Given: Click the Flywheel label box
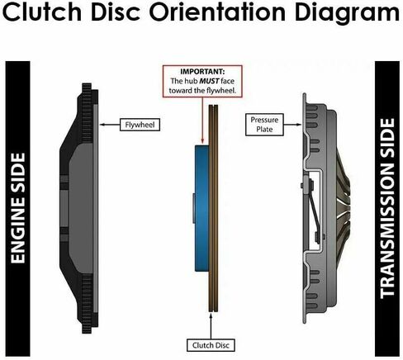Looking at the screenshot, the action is point(140,125).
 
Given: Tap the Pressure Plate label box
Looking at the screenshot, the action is point(264,125).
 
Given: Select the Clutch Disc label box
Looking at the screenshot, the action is point(211,345).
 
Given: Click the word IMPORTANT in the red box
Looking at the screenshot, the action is point(202,72).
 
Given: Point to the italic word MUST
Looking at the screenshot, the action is point(209,81).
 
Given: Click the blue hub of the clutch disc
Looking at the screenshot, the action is point(201,208).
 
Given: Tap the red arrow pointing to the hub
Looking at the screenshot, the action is point(202,121).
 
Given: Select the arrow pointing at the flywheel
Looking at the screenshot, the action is point(110,125).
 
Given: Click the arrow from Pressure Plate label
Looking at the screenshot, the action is point(292,125).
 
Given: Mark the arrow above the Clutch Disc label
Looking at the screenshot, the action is point(211,326).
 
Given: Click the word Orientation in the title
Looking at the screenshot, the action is point(218,12).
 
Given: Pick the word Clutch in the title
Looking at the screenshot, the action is point(42,12).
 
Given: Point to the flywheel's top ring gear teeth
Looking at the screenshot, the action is point(86,113).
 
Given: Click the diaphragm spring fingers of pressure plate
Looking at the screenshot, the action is point(342,208).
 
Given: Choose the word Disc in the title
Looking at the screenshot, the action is point(116,12).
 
